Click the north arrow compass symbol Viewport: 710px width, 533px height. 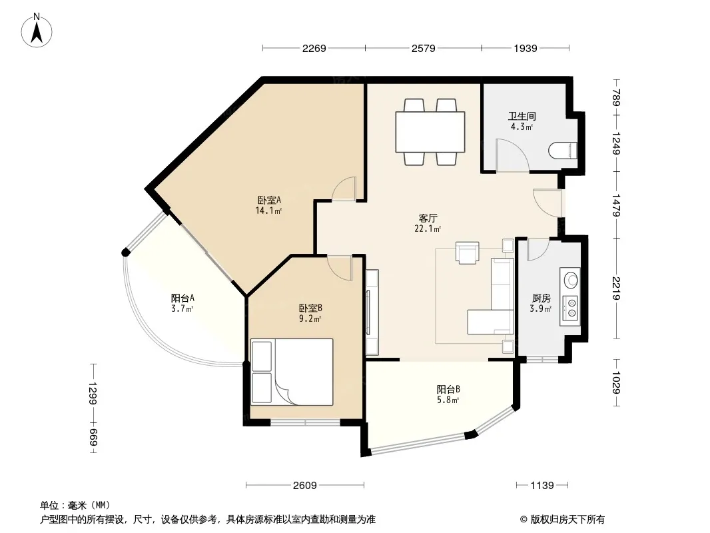(x=37, y=31)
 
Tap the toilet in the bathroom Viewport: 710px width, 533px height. (x=563, y=151)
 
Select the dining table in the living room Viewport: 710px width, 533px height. (x=430, y=132)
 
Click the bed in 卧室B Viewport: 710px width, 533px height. (x=292, y=372)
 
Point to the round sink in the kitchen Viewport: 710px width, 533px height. (x=571, y=280)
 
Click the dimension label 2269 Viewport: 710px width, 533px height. (x=314, y=48)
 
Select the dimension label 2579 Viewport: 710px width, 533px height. (x=424, y=48)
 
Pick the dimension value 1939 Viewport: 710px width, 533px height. (x=526, y=48)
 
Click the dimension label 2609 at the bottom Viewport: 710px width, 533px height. (x=305, y=486)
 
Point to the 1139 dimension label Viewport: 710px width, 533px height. (x=542, y=486)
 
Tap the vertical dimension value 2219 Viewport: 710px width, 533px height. (x=616, y=288)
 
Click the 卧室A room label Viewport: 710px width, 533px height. (x=270, y=200)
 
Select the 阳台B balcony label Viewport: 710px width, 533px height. (x=448, y=389)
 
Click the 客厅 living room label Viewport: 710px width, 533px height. (x=428, y=219)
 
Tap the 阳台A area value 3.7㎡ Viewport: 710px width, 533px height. (x=182, y=309)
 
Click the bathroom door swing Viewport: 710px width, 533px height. (x=512, y=155)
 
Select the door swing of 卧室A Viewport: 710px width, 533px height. (x=344, y=189)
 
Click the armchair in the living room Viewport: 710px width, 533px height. (x=468, y=253)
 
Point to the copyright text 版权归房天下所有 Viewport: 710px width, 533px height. (x=567, y=520)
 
